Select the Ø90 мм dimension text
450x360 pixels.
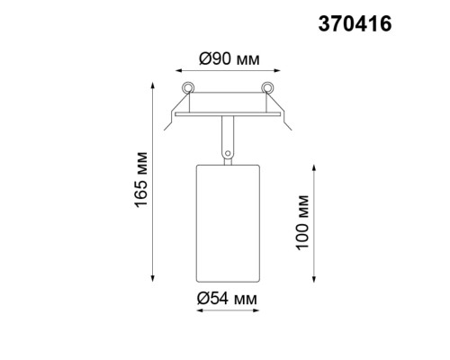tap(229, 59)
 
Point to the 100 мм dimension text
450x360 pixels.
tap(303, 221)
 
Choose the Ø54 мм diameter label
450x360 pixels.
tap(229, 298)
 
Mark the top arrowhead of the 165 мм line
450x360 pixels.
tap(148, 86)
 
